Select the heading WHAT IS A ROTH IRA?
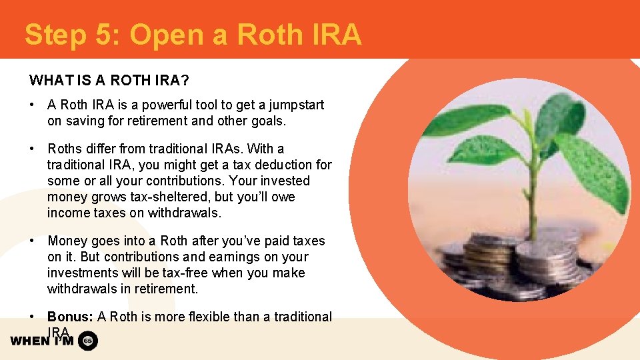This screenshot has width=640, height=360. click(x=109, y=81)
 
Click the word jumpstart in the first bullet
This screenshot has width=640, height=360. click(x=292, y=105)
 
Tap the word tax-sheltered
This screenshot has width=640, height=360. click(x=168, y=197)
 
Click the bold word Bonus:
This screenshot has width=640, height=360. click(x=71, y=317)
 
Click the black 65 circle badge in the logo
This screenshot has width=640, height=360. click(x=88, y=341)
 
